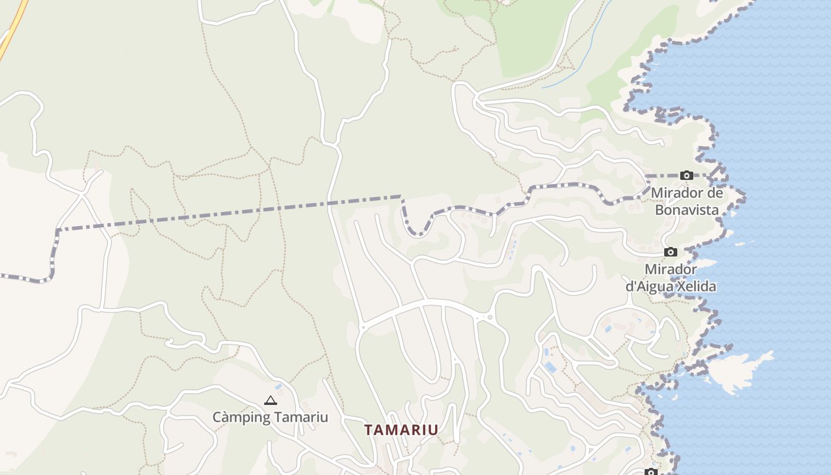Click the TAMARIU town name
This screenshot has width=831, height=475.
401,430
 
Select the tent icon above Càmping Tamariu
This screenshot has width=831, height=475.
271,400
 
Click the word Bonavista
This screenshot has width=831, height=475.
687,210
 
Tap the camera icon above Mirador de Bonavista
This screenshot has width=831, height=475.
687,175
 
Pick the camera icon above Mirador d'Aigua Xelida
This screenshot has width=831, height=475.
671,252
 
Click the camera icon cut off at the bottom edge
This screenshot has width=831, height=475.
651,472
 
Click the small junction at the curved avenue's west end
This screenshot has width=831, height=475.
363,327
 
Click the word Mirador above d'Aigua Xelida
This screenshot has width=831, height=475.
671,269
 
